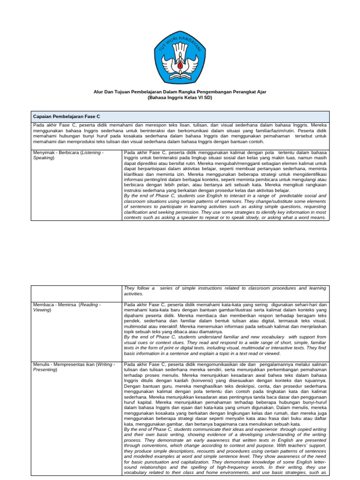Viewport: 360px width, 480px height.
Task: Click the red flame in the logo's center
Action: [x=180, y=67]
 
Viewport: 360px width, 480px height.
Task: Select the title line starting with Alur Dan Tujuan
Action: [x=180, y=92]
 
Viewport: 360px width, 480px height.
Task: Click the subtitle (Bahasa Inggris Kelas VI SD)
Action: [x=180, y=98]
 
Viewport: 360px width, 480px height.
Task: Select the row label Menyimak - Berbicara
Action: [x=63, y=153]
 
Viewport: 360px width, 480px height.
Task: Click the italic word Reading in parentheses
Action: [x=89, y=305]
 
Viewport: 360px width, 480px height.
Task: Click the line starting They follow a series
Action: [x=225, y=288]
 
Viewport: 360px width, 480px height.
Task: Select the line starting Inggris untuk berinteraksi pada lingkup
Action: [x=225, y=159]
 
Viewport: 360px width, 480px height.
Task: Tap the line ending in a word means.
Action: [x=225, y=217]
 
